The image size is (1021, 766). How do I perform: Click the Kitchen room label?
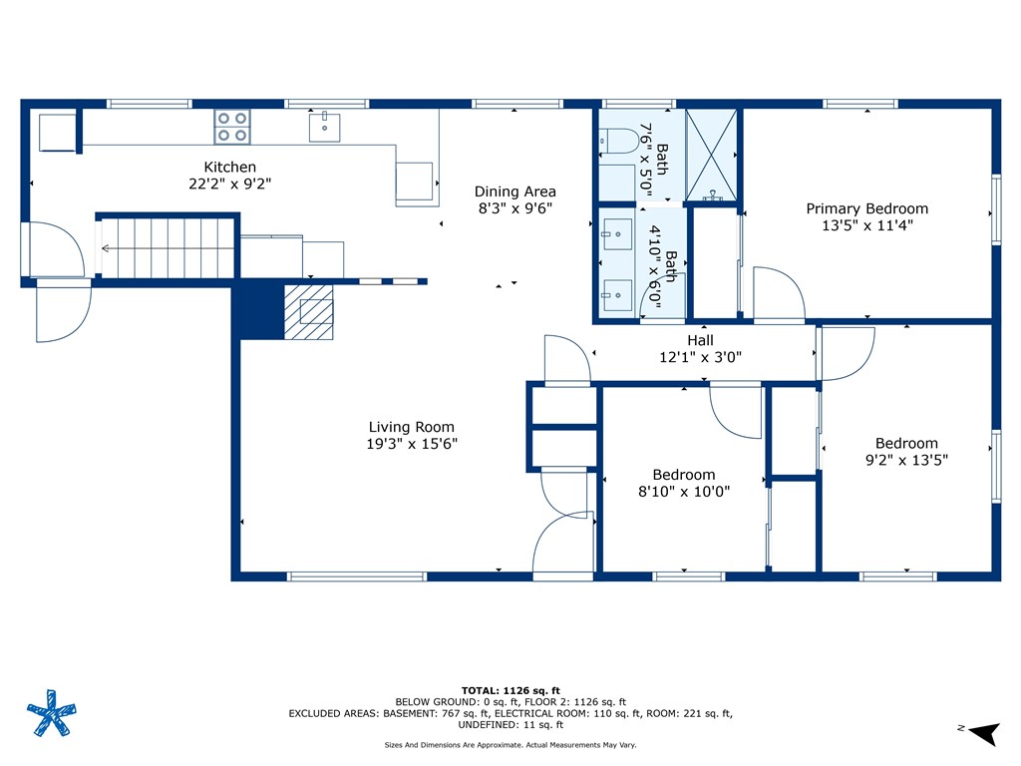point(230,168)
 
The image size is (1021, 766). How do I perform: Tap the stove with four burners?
point(232,127)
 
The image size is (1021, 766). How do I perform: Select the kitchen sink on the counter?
point(324,128)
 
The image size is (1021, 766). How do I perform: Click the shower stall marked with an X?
point(712,154)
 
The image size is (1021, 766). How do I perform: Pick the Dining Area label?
point(514,191)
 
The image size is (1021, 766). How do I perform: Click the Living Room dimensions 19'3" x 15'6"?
point(412,444)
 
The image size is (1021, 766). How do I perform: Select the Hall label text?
point(700,340)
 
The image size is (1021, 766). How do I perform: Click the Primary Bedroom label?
point(866,208)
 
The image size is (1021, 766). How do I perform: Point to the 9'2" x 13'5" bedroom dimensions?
point(906,460)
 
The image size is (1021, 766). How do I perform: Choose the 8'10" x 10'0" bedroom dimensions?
point(684,491)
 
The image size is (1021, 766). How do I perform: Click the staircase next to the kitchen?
point(168,247)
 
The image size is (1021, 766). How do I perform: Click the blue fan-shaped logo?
point(50,713)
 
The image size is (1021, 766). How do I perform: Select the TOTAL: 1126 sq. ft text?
point(510,690)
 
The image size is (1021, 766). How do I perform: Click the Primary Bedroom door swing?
point(778,295)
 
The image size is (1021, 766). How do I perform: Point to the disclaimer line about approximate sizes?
point(510,745)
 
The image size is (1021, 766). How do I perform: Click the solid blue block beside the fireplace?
point(256,312)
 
